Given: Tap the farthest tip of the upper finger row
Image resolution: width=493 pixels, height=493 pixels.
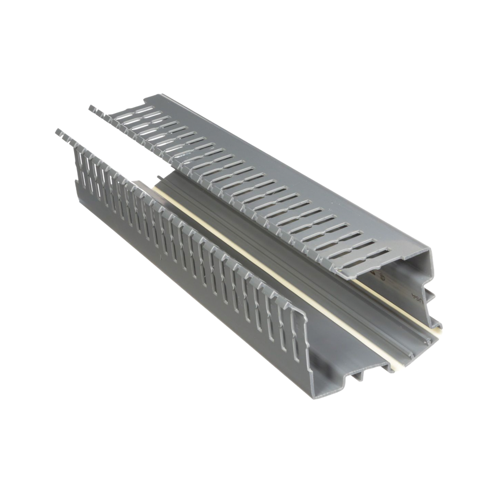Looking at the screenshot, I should (x=91, y=106).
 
